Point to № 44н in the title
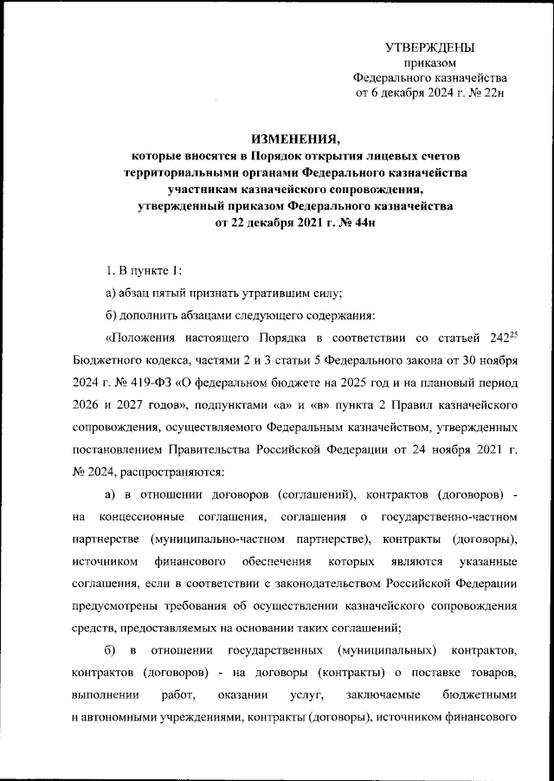360,222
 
